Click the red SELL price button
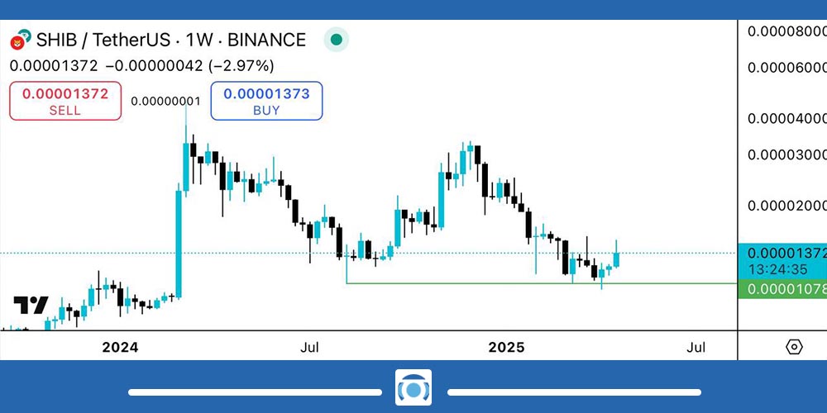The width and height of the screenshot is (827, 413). (65, 101)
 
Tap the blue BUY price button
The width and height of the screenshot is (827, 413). (266, 101)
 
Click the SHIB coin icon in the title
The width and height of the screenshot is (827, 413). (19, 40)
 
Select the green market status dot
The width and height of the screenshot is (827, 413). (336, 39)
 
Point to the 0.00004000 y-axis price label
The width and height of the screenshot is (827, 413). (786, 119)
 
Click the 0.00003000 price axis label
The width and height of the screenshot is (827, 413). (786, 154)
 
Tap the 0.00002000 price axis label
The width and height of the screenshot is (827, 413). (786, 205)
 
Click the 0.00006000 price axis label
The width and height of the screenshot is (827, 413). (786, 68)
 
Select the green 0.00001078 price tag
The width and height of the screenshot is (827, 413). (784, 290)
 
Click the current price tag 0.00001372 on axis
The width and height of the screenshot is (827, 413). (784, 254)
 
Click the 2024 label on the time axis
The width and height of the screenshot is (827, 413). (120, 348)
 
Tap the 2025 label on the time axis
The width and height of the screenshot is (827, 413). (506, 348)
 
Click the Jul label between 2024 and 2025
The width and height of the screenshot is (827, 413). (310, 348)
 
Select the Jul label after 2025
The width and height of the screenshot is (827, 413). (696, 348)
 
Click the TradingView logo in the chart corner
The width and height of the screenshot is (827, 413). (31, 305)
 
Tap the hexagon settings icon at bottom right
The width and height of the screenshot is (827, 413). (794, 347)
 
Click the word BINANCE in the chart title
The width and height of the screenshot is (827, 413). (266, 40)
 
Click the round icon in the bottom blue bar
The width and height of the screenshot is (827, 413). (413, 387)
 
